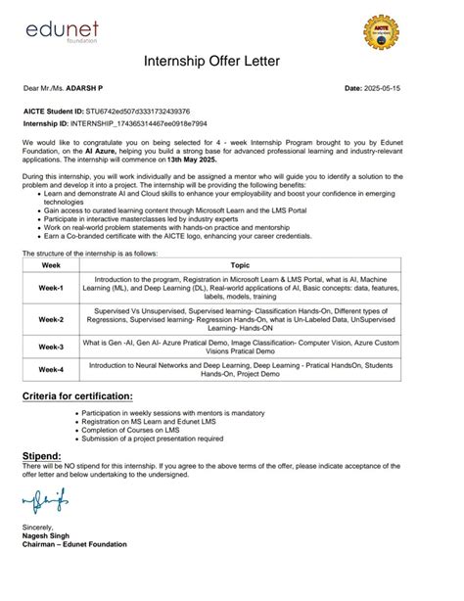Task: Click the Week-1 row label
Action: [x=51, y=289]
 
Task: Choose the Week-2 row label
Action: [x=51, y=319]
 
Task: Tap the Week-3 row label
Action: [x=51, y=347]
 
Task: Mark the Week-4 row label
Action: [x=51, y=369]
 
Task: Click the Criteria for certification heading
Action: [x=78, y=395]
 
